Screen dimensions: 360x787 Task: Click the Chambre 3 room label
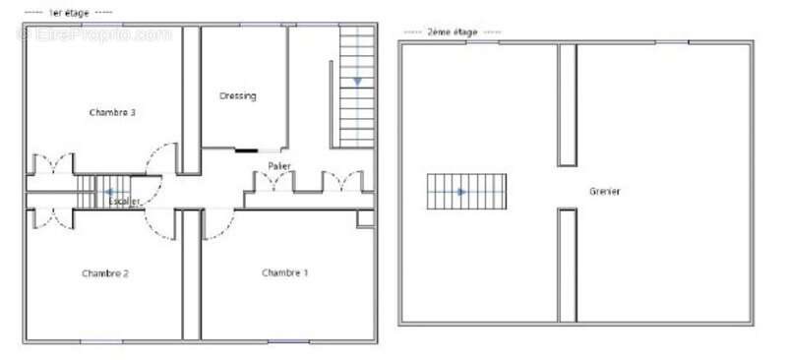pyautogui.click(x=112, y=113)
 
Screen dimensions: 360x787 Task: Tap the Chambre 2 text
pyautogui.click(x=105, y=273)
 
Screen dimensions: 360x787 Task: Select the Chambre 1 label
pyautogui.click(x=285, y=272)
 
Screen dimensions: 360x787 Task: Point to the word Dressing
pyautogui.click(x=238, y=96)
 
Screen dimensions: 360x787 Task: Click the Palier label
pyautogui.click(x=279, y=165)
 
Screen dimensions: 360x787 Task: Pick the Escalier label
pyautogui.click(x=125, y=202)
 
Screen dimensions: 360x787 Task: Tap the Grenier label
pyautogui.click(x=605, y=191)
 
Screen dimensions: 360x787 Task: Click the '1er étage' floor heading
pyautogui.click(x=68, y=12)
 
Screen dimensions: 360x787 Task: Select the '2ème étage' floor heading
pyautogui.click(x=453, y=32)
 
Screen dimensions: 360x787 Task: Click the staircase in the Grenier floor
pyautogui.click(x=466, y=192)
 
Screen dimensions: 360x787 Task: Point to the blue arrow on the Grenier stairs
pyautogui.click(x=459, y=192)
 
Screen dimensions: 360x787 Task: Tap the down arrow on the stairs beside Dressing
pyautogui.click(x=357, y=81)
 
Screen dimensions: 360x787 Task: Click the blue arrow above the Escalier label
pyautogui.click(x=109, y=191)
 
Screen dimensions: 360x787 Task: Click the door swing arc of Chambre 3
pyautogui.click(x=159, y=157)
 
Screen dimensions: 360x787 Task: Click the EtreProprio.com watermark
pyautogui.click(x=93, y=34)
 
